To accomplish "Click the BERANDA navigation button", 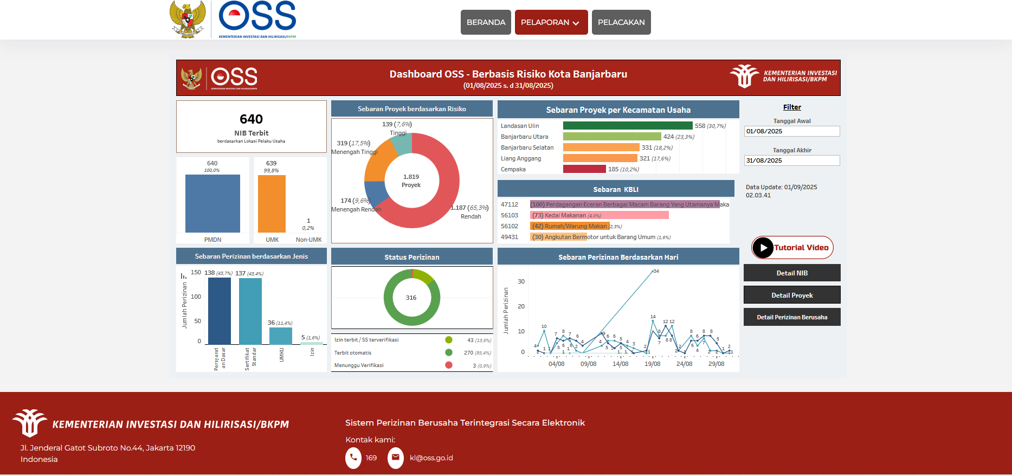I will point(486,22).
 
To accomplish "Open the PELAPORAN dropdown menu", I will point(551,22).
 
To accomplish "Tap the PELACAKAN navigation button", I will point(621,22).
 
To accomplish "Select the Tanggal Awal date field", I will point(791,131).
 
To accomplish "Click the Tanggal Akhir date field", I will point(791,160).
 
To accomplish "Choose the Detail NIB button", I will point(792,273).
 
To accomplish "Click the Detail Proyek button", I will point(792,295).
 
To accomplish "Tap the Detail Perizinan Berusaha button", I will point(792,317).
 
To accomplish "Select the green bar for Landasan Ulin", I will point(628,126).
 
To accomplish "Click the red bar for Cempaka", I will point(584,169).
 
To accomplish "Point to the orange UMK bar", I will point(272,204).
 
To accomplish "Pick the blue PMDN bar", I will point(212,204).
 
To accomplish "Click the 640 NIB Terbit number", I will point(251,119).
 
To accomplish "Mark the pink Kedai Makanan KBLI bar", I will point(599,215).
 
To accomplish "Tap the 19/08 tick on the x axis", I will point(653,364).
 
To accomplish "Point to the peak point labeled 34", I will point(653,271).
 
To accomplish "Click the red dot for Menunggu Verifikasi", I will point(449,365).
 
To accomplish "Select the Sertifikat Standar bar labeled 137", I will point(250,311).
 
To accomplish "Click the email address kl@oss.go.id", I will point(431,458).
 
